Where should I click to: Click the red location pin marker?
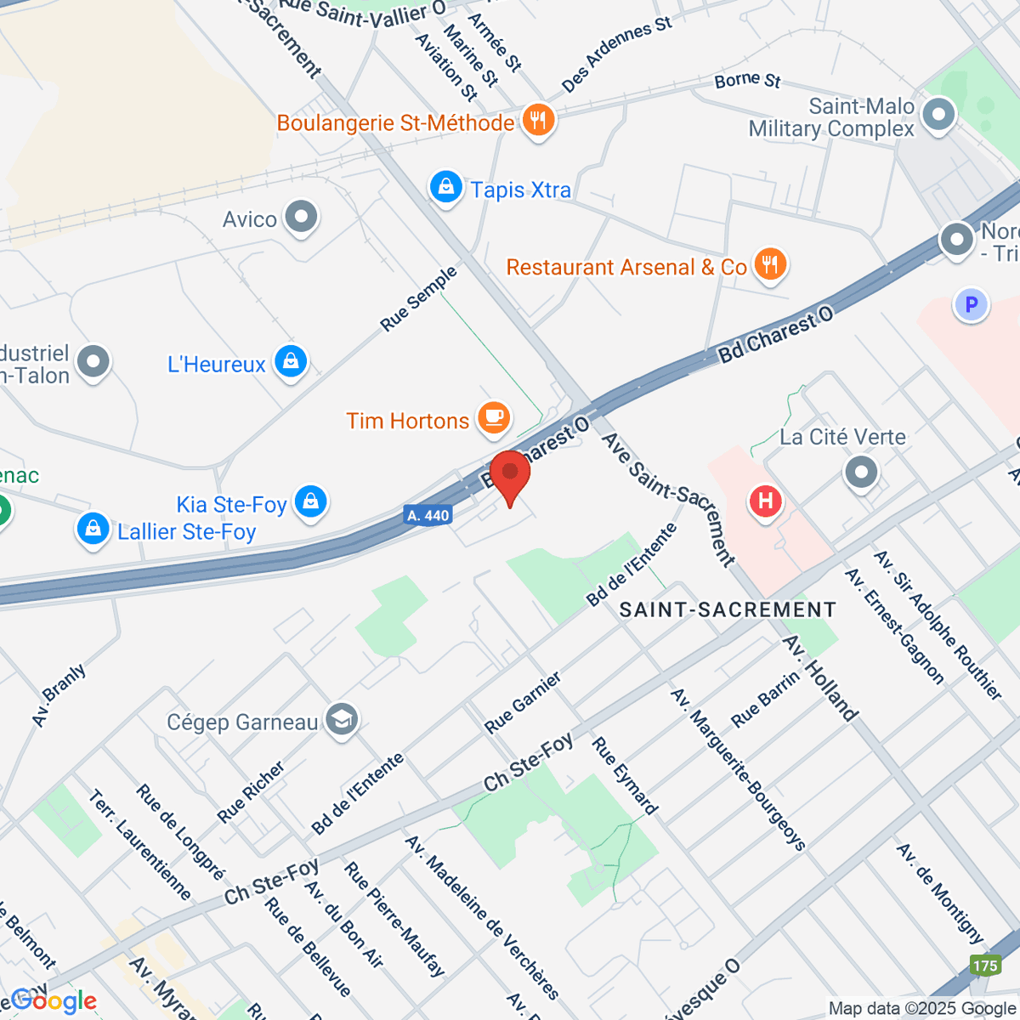coord(510,473)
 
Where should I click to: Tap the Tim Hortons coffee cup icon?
coord(494,418)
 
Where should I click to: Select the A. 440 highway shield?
coord(427,515)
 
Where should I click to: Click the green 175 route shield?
coord(985,966)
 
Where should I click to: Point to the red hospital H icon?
coord(765,501)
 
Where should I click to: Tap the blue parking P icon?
coord(972,303)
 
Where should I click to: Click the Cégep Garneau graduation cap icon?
coord(342,720)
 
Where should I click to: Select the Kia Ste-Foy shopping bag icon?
coord(310,501)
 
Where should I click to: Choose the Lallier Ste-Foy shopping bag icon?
coord(93,529)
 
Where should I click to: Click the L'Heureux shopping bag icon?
coord(291,361)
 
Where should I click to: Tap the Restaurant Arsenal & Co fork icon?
coord(770,263)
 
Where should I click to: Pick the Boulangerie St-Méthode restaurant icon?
coord(537,120)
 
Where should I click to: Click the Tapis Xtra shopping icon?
coord(445,187)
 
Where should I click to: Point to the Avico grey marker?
coord(301,218)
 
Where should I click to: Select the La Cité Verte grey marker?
coord(861,471)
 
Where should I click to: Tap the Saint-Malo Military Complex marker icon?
coord(938,115)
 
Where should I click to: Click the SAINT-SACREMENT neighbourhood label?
coord(728,609)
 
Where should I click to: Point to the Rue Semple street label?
coord(418,298)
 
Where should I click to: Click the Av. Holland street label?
coord(820,677)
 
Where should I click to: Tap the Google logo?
coord(53,1000)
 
